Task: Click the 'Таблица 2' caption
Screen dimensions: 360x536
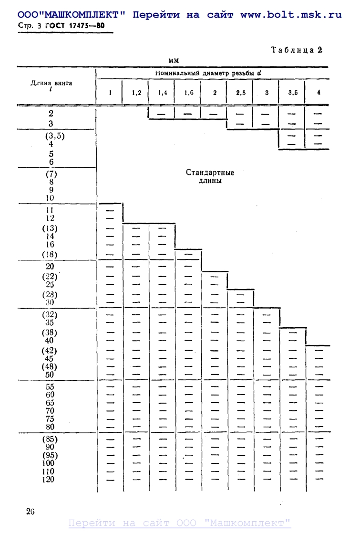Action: [x=297, y=50]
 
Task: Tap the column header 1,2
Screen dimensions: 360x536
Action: [x=136, y=93]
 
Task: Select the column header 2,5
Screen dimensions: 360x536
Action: [x=240, y=93]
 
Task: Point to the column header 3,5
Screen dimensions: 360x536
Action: [x=292, y=93]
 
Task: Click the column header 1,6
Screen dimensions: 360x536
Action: [x=189, y=93]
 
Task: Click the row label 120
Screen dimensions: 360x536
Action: [x=48, y=479]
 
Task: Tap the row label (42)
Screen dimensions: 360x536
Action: [x=48, y=351]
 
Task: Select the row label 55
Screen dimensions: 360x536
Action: [x=49, y=387]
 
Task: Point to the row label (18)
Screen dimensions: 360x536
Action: [x=49, y=254]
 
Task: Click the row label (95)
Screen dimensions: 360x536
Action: [x=49, y=455]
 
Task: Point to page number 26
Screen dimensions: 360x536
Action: [x=31, y=512]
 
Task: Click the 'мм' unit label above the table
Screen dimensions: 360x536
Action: [x=173, y=60]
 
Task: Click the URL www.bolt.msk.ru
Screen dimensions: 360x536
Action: [x=291, y=15]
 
